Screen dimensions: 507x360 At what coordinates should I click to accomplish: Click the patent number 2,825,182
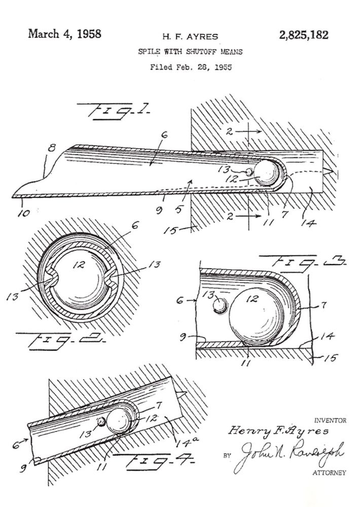(303, 34)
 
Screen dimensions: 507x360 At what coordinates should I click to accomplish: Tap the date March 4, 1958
(64, 34)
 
